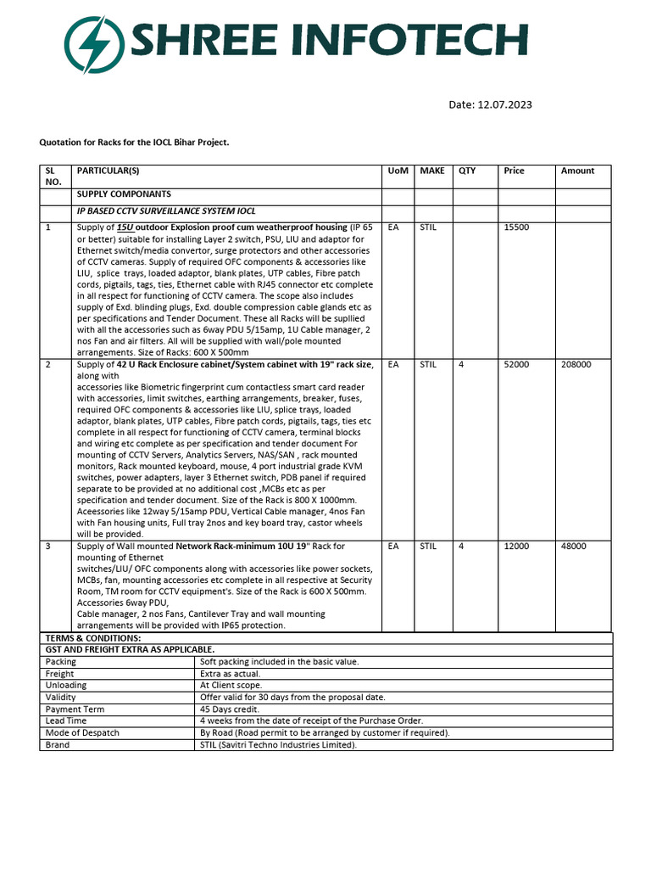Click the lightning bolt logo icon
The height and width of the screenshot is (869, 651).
click(x=94, y=41)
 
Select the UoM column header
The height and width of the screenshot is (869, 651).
click(x=398, y=171)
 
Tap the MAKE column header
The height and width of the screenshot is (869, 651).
click(x=431, y=171)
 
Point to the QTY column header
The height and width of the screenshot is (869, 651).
click(x=467, y=171)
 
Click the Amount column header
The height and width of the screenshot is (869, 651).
click(x=577, y=171)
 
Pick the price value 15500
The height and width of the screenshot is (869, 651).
click(x=516, y=227)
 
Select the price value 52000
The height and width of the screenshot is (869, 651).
click(x=516, y=364)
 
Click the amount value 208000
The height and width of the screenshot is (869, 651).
click(x=576, y=364)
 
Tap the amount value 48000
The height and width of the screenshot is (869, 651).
click(x=573, y=547)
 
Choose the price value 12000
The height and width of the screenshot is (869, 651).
click(x=516, y=547)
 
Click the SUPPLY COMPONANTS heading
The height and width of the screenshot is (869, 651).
click(x=124, y=194)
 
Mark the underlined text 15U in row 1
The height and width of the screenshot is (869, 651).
click(x=125, y=227)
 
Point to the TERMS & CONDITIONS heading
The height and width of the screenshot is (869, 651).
click(x=93, y=637)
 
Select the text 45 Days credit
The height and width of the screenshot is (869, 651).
click(x=229, y=709)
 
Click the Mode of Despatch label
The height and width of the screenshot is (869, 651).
click(x=82, y=732)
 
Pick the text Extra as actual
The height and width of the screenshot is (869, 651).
click(x=230, y=673)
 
